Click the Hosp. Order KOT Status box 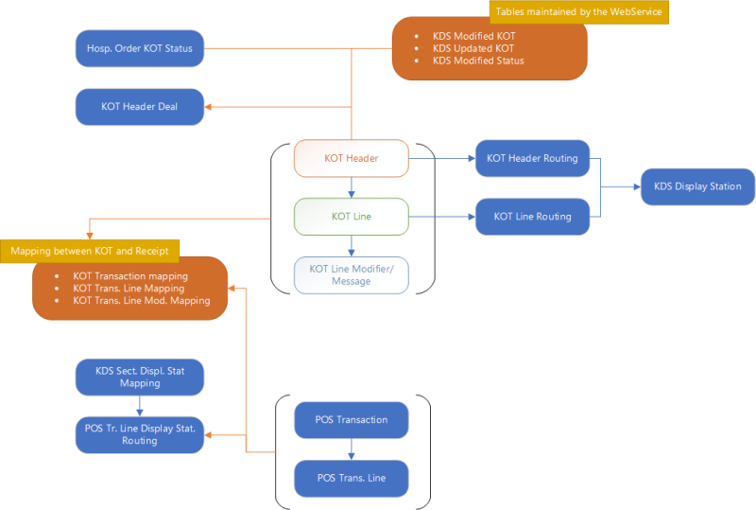click(x=139, y=48)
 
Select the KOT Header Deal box click(x=139, y=107)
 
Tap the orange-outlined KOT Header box click(x=351, y=158)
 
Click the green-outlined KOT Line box click(x=351, y=217)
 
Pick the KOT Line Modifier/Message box click(x=351, y=275)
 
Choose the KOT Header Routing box click(x=532, y=158)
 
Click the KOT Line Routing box click(x=532, y=217)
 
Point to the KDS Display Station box click(x=697, y=186)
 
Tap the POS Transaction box click(x=351, y=419)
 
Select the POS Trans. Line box click(x=351, y=478)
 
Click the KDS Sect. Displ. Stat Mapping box click(x=139, y=377)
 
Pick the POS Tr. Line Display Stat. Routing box click(x=139, y=434)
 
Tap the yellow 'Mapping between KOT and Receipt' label click(x=91, y=251)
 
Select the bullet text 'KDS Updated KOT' click(x=473, y=48)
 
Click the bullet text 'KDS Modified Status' click(x=478, y=62)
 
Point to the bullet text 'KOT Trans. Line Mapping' click(x=128, y=288)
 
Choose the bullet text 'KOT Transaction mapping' click(x=129, y=275)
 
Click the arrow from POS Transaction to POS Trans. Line click(x=351, y=448)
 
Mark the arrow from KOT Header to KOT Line click(x=351, y=187)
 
